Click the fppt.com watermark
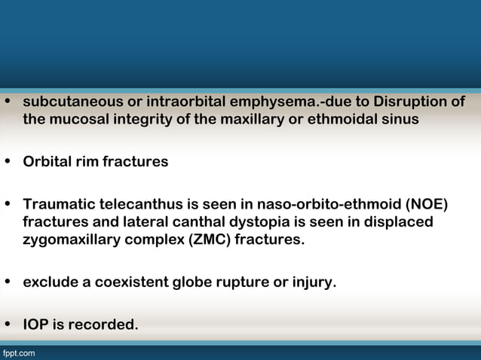[x=18, y=352]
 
